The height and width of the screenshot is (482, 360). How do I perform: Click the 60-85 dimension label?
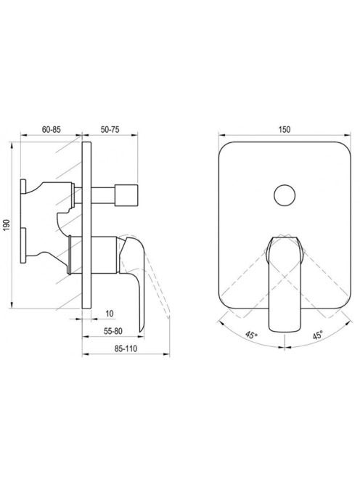[x=51, y=129]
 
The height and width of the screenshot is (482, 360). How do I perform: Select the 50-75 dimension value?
[x=110, y=129]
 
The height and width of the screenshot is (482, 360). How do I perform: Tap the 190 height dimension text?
[x=7, y=225]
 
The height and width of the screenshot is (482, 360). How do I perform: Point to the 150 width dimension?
[x=285, y=129]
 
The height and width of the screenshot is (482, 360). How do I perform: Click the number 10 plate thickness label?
[x=110, y=314]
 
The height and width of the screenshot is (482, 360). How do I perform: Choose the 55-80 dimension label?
[x=113, y=331]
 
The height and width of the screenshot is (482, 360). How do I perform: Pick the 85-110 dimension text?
[x=126, y=348]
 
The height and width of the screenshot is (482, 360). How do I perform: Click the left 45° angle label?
[x=251, y=335]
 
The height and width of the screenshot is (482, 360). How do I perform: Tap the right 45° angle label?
[x=318, y=335]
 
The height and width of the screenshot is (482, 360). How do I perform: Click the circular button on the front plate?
[x=285, y=195]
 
